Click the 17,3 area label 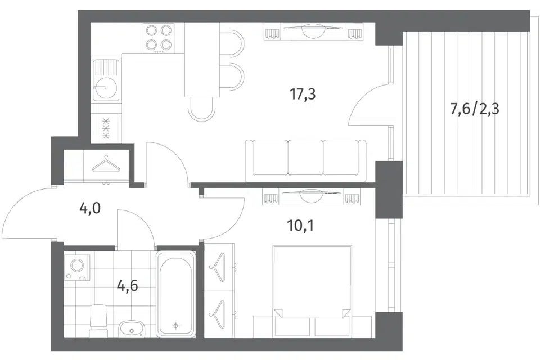tap(303, 94)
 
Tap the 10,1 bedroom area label tap(300, 226)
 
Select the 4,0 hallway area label tap(90, 208)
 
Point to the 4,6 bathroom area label tap(128, 285)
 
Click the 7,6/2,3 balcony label tap(475, 110)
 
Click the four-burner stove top tap(159, 38)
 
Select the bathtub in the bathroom tap(175, 294)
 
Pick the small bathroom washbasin tap(132, 329)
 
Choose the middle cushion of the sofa tap(305, 157)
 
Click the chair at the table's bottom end tap(202, 109)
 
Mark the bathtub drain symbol tap(176, 326)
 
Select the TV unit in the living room tap(313, 31)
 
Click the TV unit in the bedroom tap(311, 196)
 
